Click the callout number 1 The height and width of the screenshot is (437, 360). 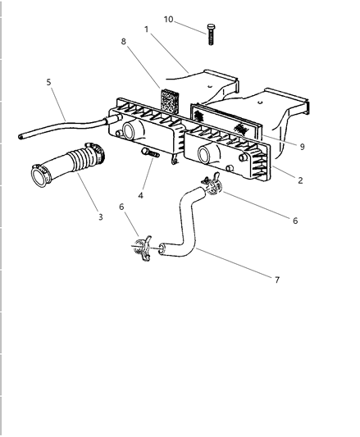147,29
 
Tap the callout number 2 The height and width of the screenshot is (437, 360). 299,180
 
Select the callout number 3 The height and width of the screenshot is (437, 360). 100,216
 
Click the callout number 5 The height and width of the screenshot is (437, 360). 48,82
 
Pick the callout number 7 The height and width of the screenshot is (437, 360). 276,280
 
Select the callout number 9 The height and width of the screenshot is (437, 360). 302,146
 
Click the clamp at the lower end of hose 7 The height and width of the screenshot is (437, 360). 143,246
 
